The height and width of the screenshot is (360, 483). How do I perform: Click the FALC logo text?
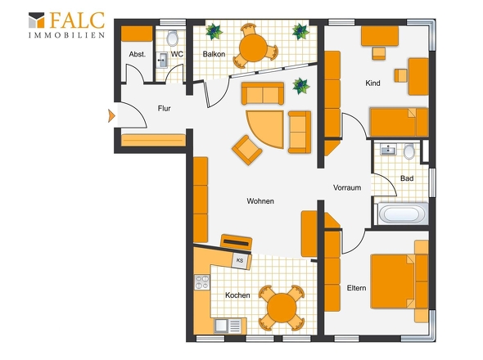(x=77, y=20)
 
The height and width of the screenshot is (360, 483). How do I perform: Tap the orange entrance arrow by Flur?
(x=111, y=116)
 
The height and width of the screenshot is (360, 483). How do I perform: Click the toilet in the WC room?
(x=173, y=38)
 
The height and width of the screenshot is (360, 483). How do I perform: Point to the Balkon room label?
(x=214, y=54)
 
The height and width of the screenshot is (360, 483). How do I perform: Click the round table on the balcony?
(x=253, y=47)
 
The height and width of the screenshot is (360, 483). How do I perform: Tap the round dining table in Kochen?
(x=282, y=308)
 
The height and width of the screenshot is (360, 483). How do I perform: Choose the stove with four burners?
(x=202, y=282)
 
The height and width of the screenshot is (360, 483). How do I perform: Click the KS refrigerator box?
(x=241, y=260)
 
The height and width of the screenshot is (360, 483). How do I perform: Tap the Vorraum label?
(x=347, y=187)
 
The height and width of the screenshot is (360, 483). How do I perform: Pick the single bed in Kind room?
(x=399, y=122)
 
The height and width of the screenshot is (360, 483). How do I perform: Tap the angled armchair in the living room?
(x=246, y=150)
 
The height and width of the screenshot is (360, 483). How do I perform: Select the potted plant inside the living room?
(x=301, y=86)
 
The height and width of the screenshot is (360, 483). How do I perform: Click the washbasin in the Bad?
(x=388, y=150)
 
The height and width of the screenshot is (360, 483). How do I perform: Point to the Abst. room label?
(x=137, y=55)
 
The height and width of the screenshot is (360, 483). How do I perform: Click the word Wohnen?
(x=260, y=201)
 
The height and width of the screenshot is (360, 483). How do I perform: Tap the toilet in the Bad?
(x=409, y=151)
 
